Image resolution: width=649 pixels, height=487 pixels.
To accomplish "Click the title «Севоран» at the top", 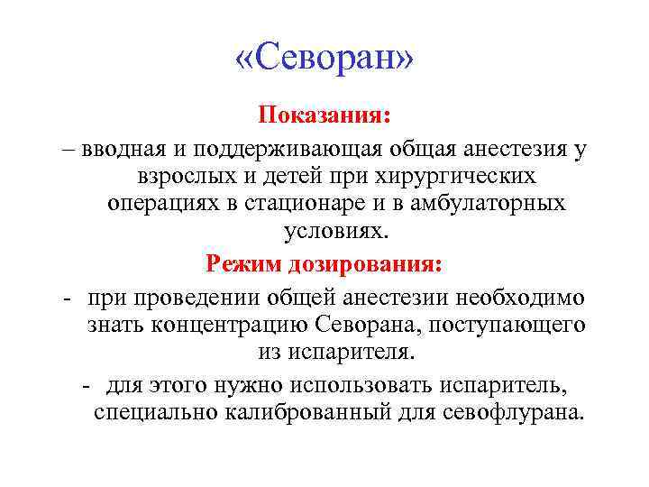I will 324,60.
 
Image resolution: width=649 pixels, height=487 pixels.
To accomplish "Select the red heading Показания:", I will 324,116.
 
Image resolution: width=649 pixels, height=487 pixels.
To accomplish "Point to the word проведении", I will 180,297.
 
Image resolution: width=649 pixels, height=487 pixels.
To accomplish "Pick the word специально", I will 152,413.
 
